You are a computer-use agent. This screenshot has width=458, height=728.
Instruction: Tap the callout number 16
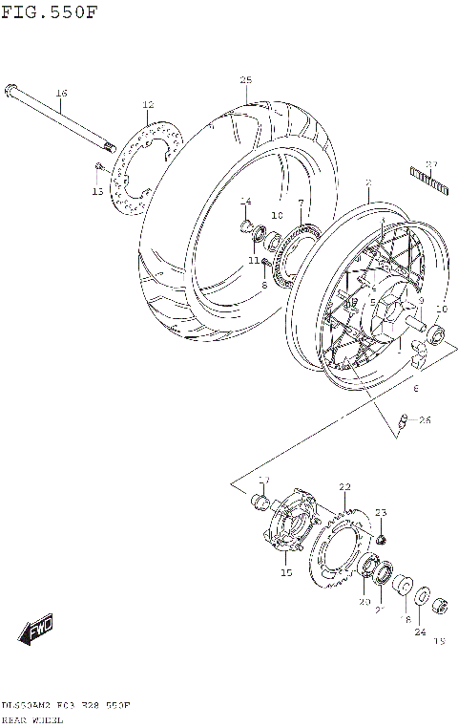[x=61, y=93]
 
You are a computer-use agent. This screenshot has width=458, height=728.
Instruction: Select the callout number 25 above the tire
[x=245, y=79]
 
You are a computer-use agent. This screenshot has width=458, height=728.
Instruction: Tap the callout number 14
[x=245, y=201]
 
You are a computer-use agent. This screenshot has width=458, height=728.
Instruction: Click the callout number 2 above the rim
[x=367, y=182]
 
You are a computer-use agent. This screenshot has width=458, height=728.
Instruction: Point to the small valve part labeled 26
[x=404, y=419]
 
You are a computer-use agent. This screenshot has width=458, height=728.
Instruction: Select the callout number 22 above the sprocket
[x=344, y=487]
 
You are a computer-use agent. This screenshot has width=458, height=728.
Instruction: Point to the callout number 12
[x=148, y=104]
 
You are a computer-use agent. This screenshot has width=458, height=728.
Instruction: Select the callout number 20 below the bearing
[x=364, y=602]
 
